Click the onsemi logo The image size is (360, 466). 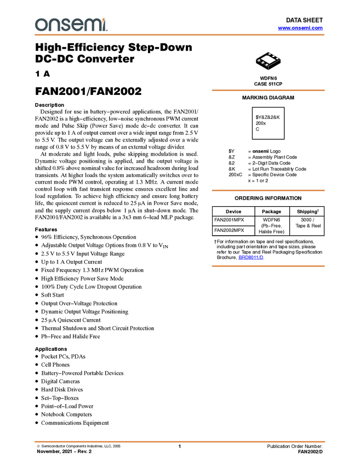coord(71,25)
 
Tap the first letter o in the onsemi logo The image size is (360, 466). coord(39,25)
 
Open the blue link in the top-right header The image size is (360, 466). coord(300,28)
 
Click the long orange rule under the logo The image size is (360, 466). coord(180,35)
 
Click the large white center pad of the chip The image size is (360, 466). coord(268,59)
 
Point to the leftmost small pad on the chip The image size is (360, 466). coord(259,61)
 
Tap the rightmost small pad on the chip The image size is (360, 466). coord(278,57)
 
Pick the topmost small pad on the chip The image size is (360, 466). coord(270,53)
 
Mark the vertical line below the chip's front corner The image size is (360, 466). coord(267,69)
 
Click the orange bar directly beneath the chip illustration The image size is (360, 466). coord(268,90)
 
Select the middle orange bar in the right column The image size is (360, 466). coord(268,190)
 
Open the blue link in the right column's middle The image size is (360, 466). coord(250,257)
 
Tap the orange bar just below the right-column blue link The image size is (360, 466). coord(268,266)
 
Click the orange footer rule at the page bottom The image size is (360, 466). coord(180,441)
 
